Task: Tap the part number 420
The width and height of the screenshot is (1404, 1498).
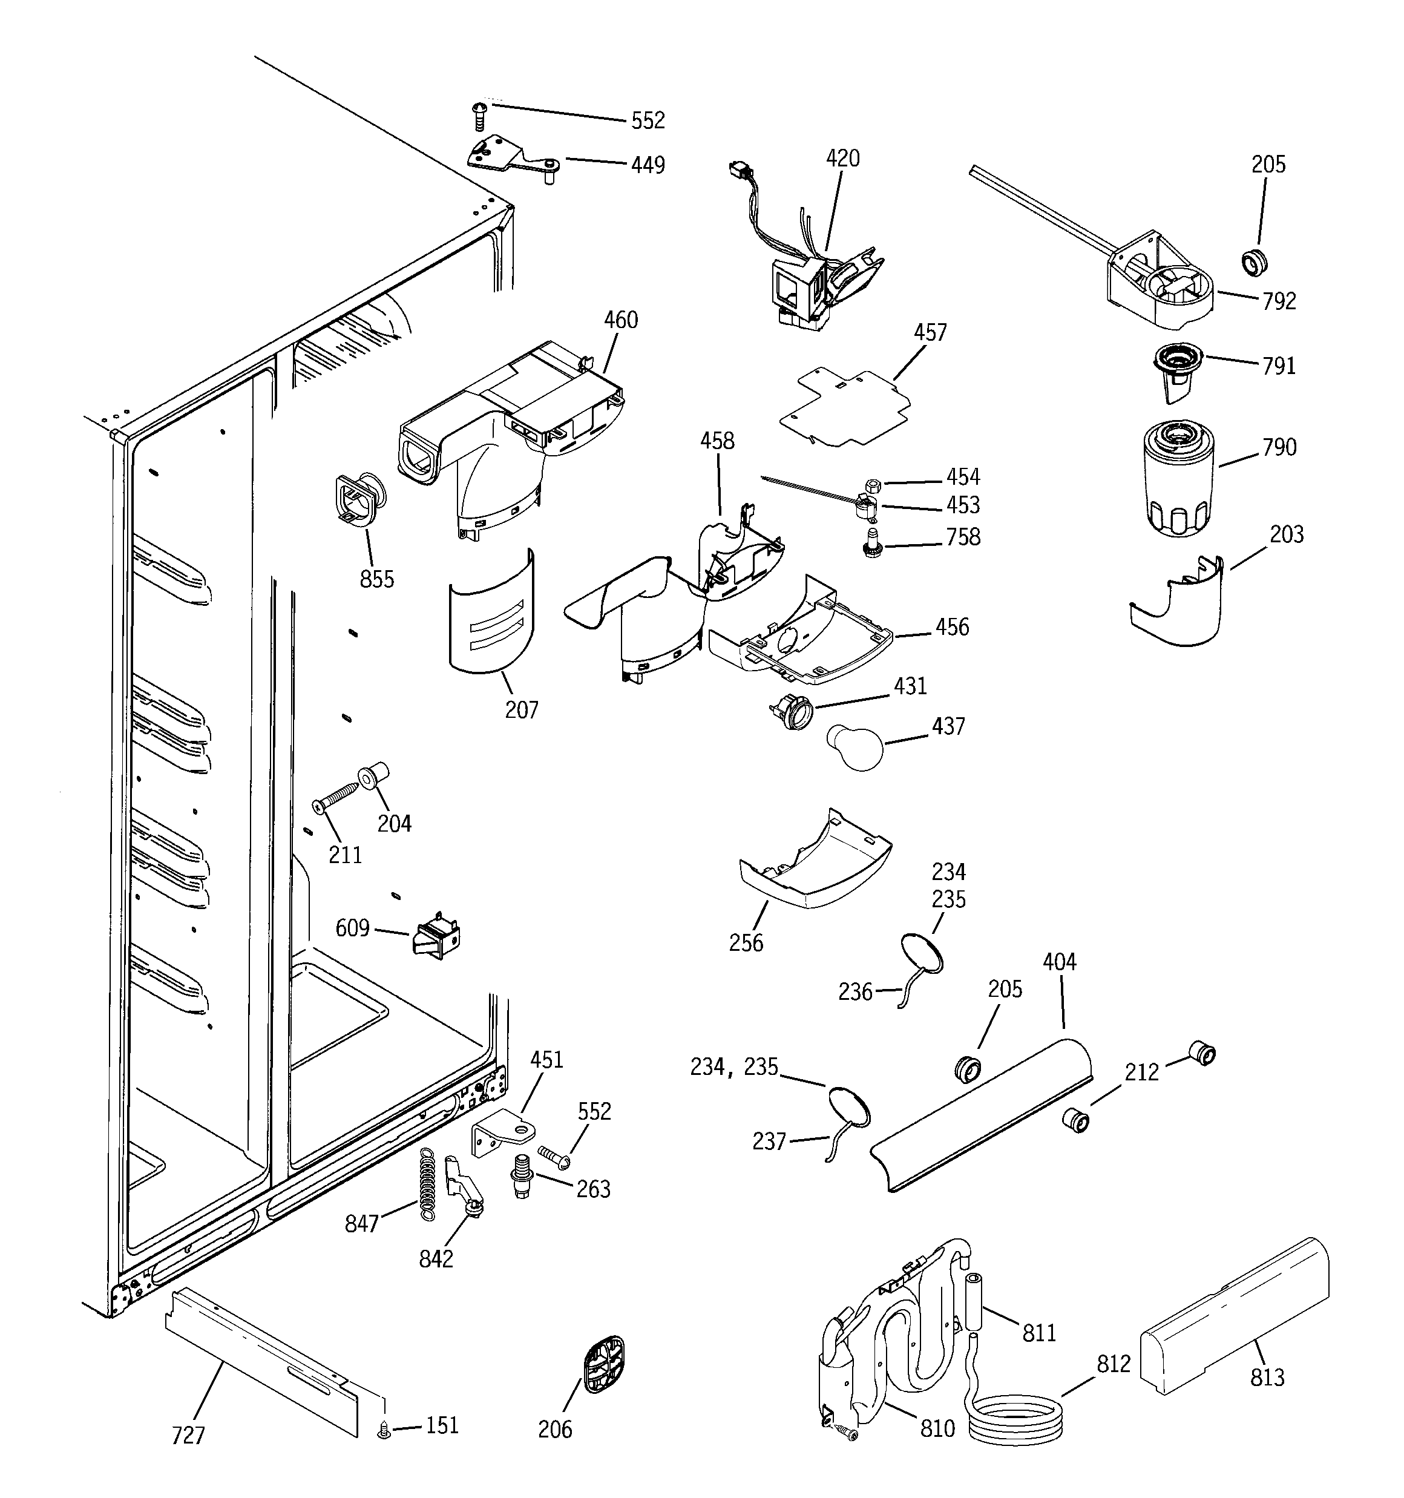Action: pos(842,158)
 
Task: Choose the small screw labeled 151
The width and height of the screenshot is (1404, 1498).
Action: pos(384,1428)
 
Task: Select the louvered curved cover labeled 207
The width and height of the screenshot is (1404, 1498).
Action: pos(492,612)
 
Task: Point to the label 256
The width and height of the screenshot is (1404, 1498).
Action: pos(746,942)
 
